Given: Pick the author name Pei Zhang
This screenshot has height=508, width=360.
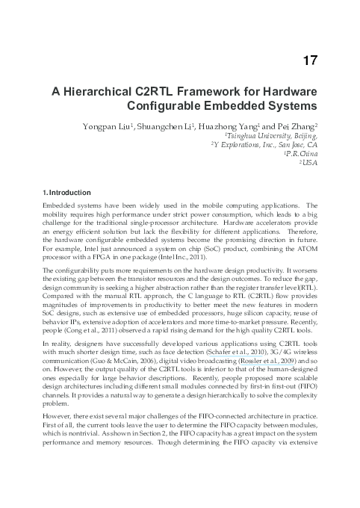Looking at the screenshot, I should coord(300,128).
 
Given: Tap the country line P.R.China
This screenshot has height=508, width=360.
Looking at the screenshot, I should coord(301,155).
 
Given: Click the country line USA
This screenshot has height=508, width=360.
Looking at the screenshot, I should coord(310,164).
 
